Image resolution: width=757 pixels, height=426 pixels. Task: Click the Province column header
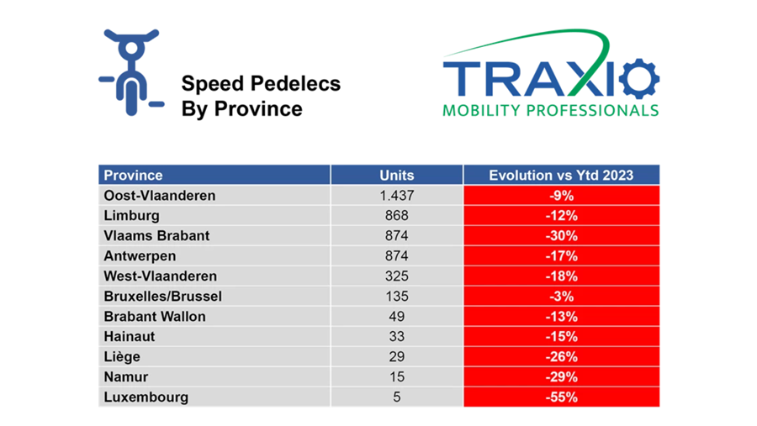tap(133, 175)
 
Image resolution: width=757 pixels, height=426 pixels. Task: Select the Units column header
tap(397, 175)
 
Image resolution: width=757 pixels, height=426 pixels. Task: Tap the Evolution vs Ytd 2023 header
tap(561, 175)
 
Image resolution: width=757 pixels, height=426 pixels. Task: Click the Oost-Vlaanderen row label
tap(159, 196)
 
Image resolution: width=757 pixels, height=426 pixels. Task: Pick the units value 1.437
tap(397, 196)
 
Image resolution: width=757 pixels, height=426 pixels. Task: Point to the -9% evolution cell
tap(562, 196)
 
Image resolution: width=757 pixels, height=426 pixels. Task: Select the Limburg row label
tap(131, 216)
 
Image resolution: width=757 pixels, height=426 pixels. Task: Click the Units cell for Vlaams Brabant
tap(397, 235)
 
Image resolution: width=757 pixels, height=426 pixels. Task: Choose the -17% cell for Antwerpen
tap(562, 255)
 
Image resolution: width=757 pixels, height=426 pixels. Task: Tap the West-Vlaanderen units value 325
tap(397, 276)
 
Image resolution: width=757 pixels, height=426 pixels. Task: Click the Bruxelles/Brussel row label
tap(162, 297)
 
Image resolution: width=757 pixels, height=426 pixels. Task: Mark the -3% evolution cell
tap(562, 297)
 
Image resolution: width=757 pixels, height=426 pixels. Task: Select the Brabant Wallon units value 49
tap(397, 317)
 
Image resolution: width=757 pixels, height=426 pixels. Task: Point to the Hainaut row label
tap(130, 336)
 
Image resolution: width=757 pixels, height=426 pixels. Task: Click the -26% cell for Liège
tap(562, 356)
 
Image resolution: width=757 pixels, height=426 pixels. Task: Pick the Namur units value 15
tap(397, 376)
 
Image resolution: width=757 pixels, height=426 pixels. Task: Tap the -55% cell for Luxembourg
tap(562, 397)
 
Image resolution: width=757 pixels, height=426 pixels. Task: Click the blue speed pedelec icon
tap(131, 73)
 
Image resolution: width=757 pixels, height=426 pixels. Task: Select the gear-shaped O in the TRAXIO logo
tap(639, 78)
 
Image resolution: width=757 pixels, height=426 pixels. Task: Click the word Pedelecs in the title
tap(295, 83)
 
